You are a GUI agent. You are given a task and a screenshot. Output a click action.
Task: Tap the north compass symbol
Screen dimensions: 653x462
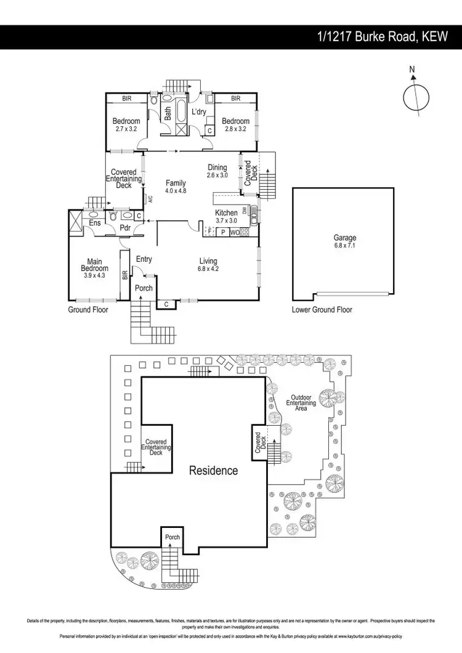tap(416, 97)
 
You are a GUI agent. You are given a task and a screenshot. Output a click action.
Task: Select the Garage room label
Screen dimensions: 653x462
tap(345, 238)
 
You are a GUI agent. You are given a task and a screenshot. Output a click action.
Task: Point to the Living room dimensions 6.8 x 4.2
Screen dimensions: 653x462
tap(208, 269)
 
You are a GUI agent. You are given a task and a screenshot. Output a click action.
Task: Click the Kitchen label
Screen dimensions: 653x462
tap(226, 213)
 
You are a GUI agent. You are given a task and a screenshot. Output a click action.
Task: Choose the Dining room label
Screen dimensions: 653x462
tap(217, 168)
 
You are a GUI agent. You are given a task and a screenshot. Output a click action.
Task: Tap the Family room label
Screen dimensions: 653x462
tap(176, 183)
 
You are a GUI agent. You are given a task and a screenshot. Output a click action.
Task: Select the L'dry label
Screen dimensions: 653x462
tap(198, 112)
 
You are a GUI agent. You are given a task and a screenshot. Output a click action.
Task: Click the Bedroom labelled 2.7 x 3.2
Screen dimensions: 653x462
tap(126, 121)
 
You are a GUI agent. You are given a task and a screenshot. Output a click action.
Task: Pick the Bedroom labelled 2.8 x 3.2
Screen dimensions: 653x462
tap(235, 121)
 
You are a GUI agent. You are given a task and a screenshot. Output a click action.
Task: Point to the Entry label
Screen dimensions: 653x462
tap(144, 259)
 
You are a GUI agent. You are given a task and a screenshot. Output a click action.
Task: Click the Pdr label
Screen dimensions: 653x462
tap(125, 227)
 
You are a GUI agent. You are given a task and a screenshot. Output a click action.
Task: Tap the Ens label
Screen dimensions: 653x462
tap(95, 222)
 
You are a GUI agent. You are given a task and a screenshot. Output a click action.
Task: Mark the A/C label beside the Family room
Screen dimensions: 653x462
tap(150, 198)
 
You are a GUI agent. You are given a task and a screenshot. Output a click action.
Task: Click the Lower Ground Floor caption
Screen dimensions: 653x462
tap(322, 310)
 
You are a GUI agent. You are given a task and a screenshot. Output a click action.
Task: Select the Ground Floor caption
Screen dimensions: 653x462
tap(87, 310)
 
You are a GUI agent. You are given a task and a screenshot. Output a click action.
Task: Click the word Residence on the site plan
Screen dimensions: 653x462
tap(213, 471)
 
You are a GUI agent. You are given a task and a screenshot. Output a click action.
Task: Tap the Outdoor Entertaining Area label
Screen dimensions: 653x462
tap(301, 403)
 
